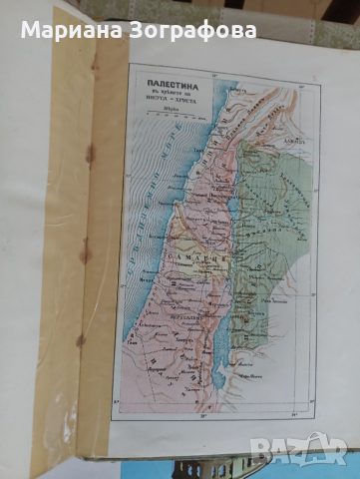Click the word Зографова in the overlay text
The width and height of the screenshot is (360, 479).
click(x=203, y=29)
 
